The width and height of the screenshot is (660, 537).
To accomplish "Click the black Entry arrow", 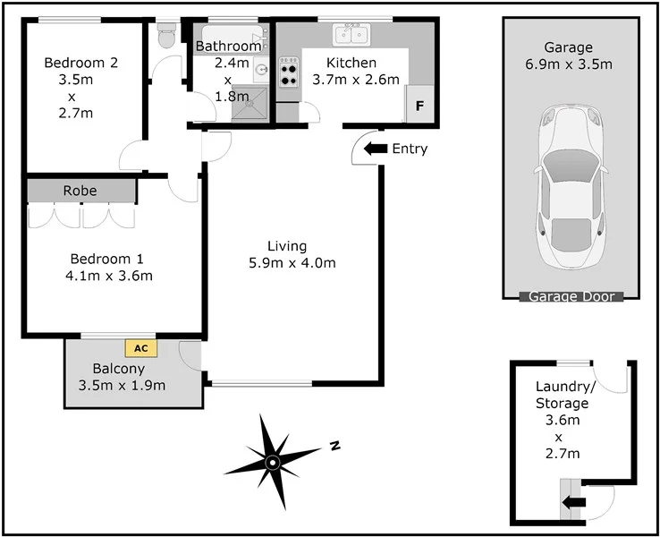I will (376, 149).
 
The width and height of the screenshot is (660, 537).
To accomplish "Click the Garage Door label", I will (571, 296).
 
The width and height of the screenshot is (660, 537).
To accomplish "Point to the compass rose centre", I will (273, 461).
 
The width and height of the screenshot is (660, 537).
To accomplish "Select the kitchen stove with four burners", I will (289, 72).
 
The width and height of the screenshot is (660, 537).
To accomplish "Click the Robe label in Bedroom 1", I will (80, 191).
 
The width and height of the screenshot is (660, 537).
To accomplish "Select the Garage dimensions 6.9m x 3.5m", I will (569, 64).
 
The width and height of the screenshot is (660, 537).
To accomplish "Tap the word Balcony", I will (118, 368).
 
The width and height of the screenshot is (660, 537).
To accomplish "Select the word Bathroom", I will (229, 46).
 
